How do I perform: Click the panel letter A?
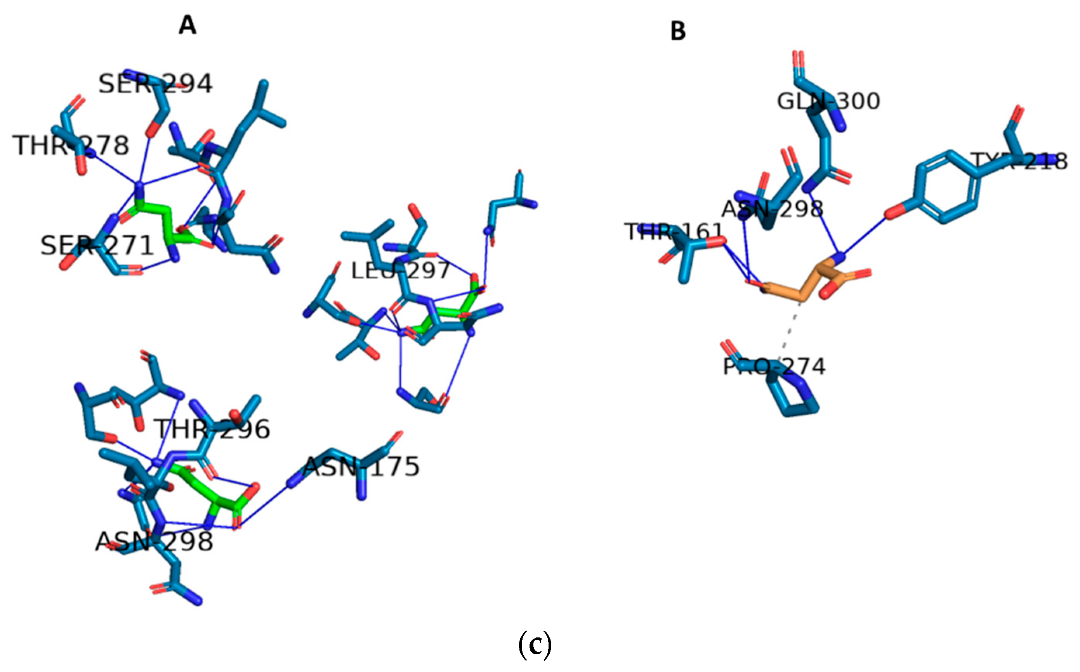187,25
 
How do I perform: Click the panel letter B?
678,31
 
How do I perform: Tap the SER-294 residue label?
155,84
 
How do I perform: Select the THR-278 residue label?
71,145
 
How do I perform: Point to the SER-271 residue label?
97,246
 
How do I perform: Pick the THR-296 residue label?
212,429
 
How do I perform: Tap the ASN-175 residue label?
361,467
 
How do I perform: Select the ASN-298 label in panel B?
772,209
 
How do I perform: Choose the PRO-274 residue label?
774,367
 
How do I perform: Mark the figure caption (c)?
535,645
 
